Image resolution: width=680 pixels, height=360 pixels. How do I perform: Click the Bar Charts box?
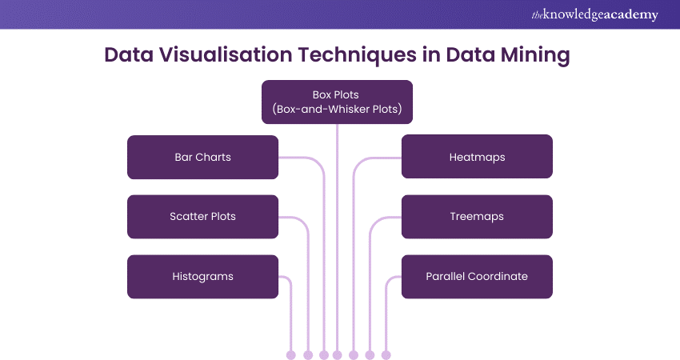[x=202, y=157]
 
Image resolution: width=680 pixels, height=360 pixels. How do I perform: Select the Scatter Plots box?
[x=202, y=217]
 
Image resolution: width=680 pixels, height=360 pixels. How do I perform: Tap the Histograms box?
[x=202, y=277]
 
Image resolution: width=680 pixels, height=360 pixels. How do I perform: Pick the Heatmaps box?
[x=477, y=157]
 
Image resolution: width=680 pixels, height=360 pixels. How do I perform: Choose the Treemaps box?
[x=477, y=217]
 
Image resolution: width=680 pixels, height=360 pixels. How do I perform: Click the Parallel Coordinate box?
[x=477, y=277]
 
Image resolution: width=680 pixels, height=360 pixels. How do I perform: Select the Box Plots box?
[x=337, y=102]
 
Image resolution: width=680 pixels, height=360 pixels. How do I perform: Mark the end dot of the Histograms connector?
[x=290, y=354]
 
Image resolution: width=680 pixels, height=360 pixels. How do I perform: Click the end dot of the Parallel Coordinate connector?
[x=386, y=354]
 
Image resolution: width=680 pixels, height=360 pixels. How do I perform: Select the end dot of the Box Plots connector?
[x=337, y=354]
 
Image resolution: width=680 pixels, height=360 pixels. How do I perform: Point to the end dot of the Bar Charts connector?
[x=324, y=354]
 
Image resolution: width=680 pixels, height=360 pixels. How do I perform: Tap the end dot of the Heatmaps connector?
[x=353, y=354]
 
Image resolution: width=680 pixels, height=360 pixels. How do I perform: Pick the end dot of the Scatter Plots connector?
[x=308, y=354]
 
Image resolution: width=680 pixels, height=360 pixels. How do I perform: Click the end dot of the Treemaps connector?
[x=370, y=354]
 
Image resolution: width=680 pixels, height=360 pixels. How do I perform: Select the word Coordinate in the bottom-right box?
[x=501, y=277]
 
